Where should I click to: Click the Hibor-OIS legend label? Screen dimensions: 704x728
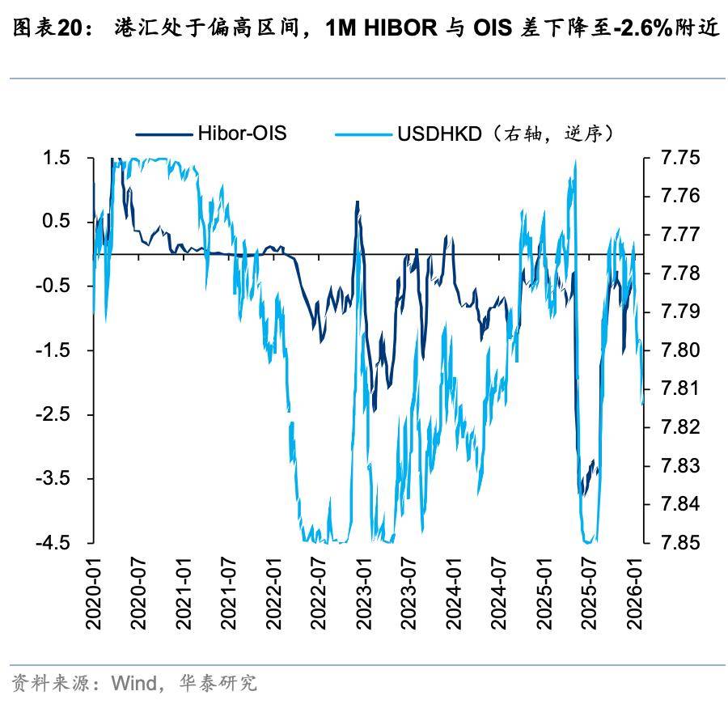point(242,133)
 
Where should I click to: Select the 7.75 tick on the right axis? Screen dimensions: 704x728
point(680,158)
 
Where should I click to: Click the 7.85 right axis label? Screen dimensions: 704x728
point(680,542)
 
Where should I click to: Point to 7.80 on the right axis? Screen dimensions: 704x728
point(680,350)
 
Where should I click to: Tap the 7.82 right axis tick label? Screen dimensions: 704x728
point(680,427)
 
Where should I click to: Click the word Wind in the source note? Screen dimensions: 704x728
point(133,683)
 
